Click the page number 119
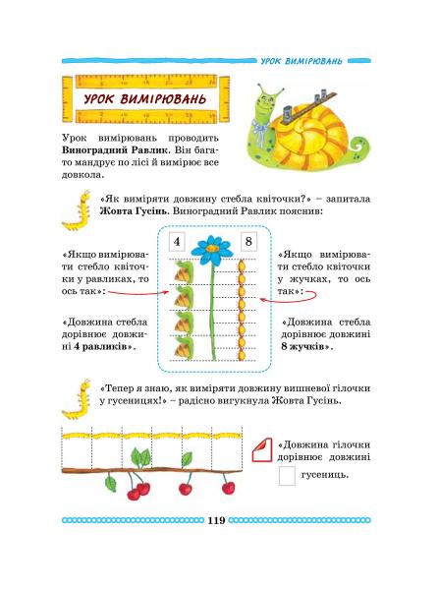tap(216, 520)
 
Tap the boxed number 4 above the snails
tap(177, 241)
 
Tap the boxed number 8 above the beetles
tap(248, 241)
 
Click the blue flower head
tap(211, 250)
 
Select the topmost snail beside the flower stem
tap(184, 271)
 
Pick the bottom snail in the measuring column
tap(184, 347)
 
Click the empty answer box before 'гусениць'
tap(287, 476)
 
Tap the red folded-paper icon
tap(262, 449)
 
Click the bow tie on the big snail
tap(260, 129)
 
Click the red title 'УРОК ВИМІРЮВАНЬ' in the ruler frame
tap(145, 99)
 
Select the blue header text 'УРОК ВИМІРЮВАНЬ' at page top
tap(302, 61)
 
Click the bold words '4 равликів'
tap(103, 346)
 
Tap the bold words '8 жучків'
tap(305, 346)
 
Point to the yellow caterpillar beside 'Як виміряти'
tap(78, 210)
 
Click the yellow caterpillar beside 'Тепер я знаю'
tap(78, 399)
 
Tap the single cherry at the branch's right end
tap(228, 488)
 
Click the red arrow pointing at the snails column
tap(137, 292)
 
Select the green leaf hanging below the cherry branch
tap(111, 483)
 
